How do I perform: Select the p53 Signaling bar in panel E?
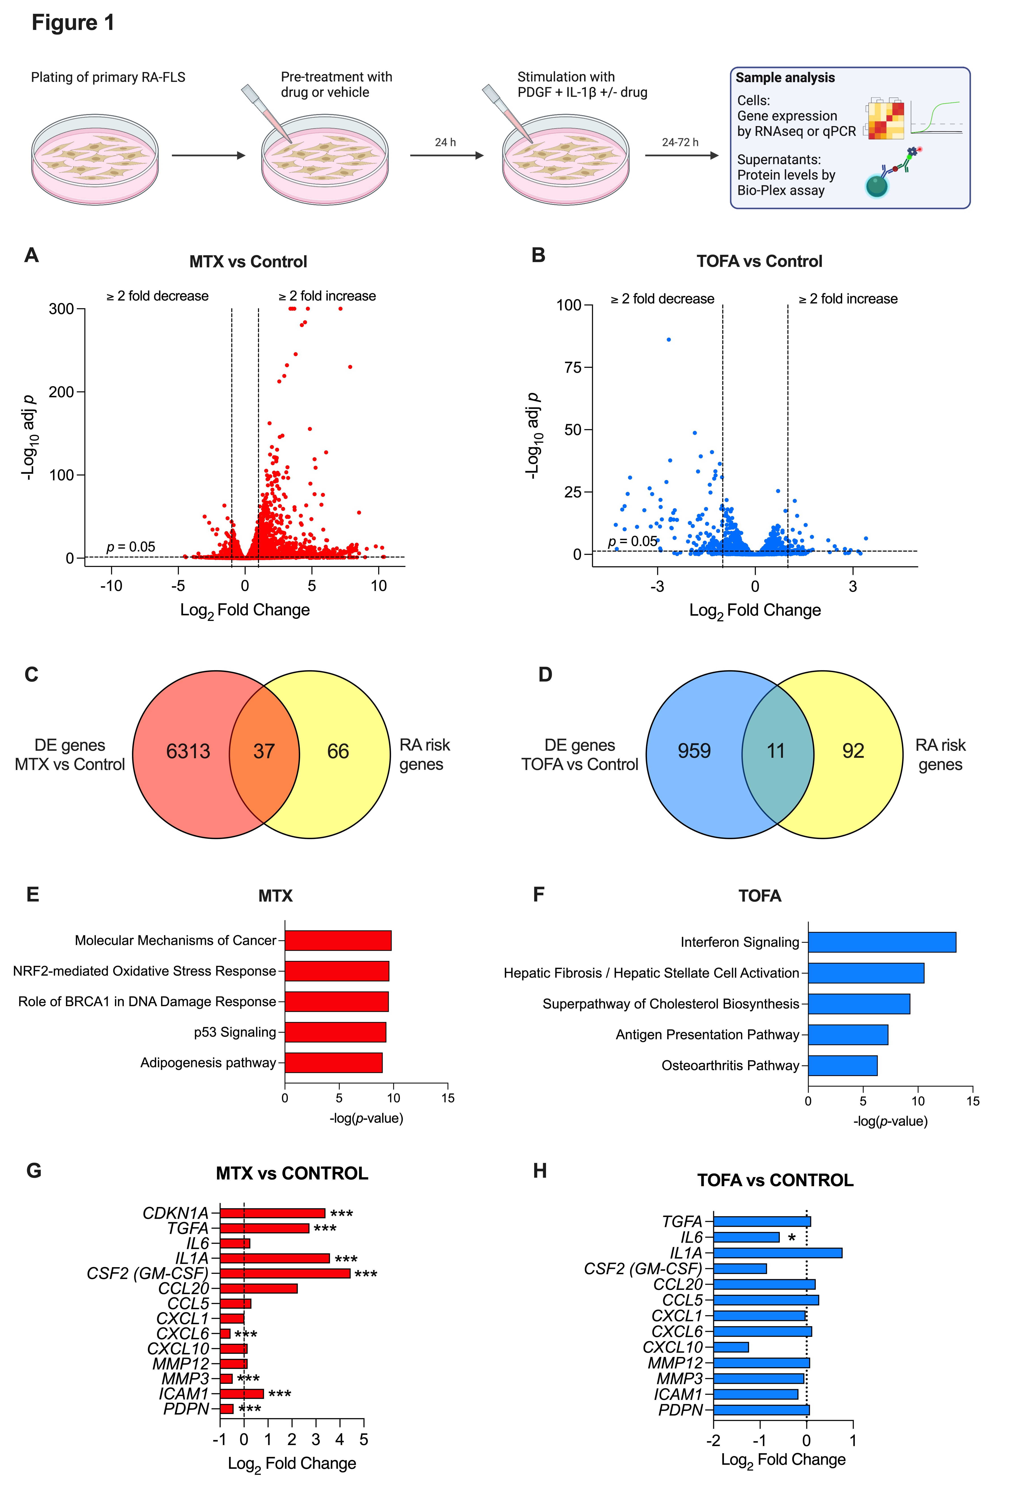pyautogui.click(x=335, y=1032)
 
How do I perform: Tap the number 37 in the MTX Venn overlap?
pyautogui.click(x=264, y=751)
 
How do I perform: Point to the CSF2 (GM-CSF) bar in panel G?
pyautogui.click(x=285, y=1273)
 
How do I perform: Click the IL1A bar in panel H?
pyautogui.click(x=777, y=1253)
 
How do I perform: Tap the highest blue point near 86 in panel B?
pyautogui.click(x=668, y=340)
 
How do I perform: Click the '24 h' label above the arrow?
pyautogui.click(x=445, y=142)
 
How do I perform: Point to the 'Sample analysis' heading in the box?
pyautogui.click(x=785, y=78)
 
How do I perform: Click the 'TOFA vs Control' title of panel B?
pyautogui.click(x=759, y=261)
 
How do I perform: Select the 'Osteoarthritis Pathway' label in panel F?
pyautogui.click(x=730, y=1065)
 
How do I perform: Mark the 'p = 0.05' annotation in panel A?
pyautogui.click(x=131, y=547)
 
